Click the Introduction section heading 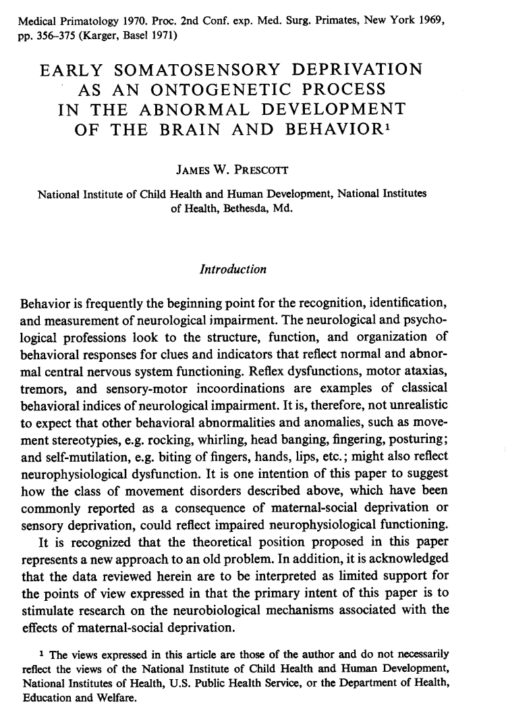tap(233, 269)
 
